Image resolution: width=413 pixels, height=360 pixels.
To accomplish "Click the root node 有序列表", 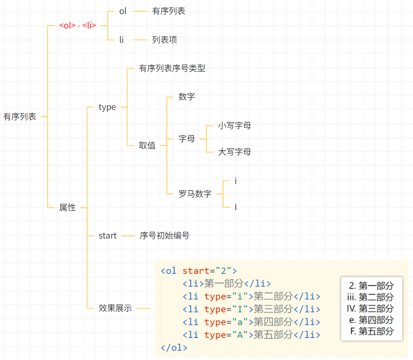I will click(x=20, y=117).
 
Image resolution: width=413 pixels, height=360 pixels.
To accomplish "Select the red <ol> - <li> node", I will click(x=78, y=25).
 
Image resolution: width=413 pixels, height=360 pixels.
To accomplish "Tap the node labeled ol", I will click(x=123, y=11).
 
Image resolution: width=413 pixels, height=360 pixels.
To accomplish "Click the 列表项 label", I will click(x=164, y=40).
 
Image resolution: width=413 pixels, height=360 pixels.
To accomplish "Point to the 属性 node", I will click(x=67, y=208).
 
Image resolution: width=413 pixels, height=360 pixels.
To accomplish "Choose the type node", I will click(x=107, y=107).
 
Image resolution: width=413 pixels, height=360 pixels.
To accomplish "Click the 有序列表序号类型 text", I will click(x=172, y=68).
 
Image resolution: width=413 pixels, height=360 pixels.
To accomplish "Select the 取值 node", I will click(x=147, y=146).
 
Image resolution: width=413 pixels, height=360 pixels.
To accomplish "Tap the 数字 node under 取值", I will click(x=187, y=97).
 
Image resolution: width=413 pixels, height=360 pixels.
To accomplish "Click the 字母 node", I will click(x=187, y=139).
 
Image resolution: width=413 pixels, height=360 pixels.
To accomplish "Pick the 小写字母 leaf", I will click(x=234, y=126).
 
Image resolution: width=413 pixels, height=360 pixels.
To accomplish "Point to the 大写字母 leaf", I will click(x=234, y=152).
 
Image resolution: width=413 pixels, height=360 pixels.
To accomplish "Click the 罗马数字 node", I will click(x=195, y=194).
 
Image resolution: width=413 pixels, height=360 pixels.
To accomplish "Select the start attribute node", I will click(x=107, y=236).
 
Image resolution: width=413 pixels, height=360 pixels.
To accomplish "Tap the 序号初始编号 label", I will click(x=164, y=236).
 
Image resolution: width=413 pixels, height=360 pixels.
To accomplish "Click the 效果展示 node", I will click(x=115, y=308).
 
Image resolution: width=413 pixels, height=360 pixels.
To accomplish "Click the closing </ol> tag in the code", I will click(x=174, y=348).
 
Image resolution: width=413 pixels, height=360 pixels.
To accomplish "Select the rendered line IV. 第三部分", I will click(x=370, y=309).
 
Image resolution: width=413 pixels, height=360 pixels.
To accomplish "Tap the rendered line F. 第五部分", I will click(x=372, y=331).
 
